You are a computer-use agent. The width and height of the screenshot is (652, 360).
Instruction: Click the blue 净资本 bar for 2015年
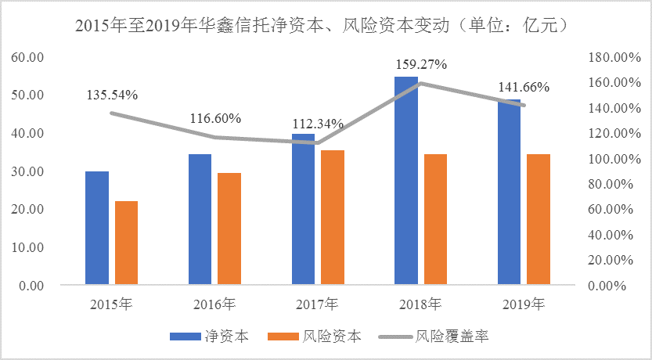(x=97, y=227)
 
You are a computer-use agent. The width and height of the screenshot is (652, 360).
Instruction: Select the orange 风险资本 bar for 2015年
(x=126, y=243)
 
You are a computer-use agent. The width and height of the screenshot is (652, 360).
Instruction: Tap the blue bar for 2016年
(x=200, y=219)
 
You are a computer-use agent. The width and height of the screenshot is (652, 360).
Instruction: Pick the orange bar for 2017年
(x=332, y=217)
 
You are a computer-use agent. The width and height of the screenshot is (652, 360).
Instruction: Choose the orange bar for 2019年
(x=539, y=219)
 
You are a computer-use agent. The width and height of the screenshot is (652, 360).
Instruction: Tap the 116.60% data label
(x=215, y=119)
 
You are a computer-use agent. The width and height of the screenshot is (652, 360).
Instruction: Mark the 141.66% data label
(x=524, y=87)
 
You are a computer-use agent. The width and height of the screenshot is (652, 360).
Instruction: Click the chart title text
(x=326, y=26)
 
